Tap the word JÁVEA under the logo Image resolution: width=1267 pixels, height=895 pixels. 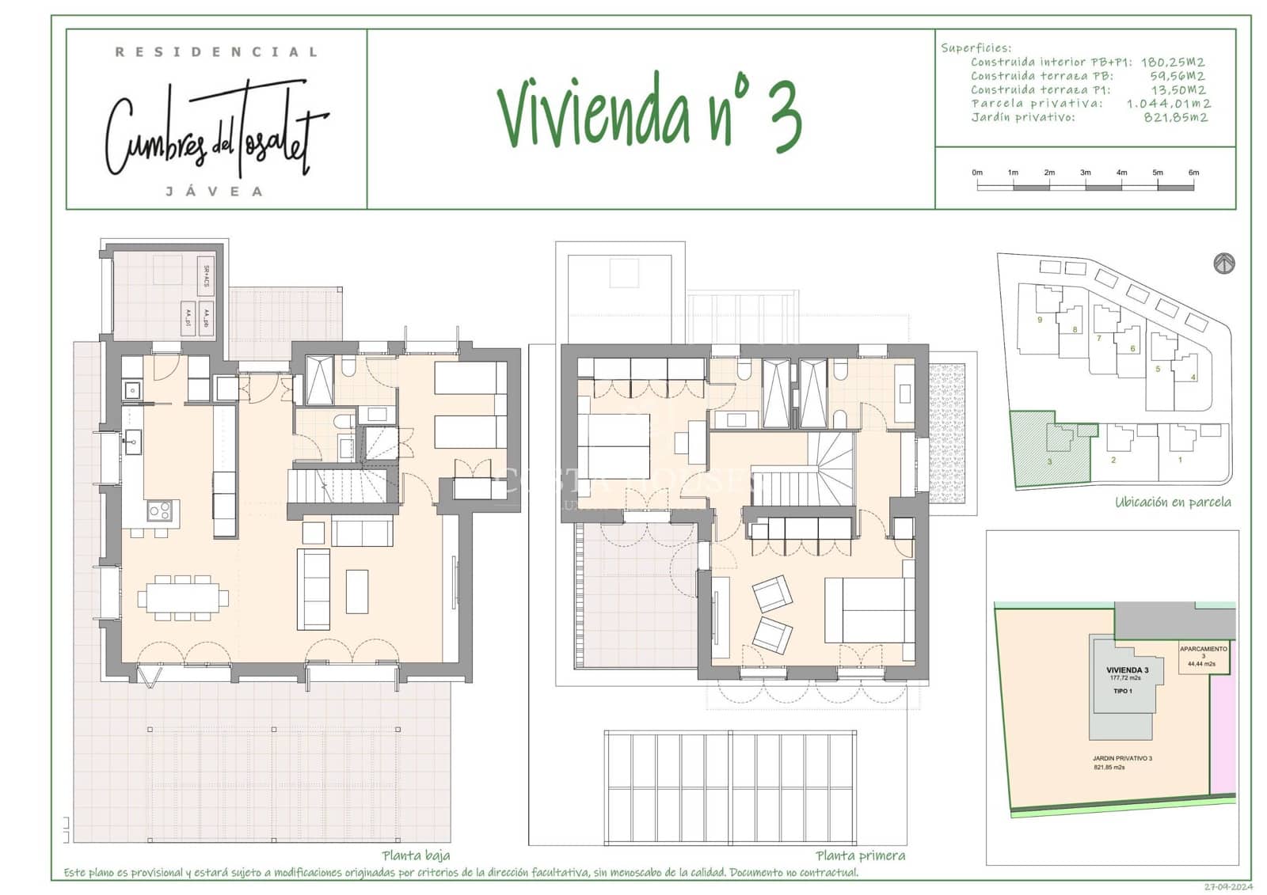215,192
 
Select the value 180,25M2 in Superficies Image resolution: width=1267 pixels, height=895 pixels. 1172,62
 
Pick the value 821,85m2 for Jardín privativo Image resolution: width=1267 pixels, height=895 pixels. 1175,117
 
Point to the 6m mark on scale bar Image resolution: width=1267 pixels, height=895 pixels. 1193,173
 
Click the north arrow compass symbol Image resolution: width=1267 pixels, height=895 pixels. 1223,264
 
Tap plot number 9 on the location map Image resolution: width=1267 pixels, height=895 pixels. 1039,320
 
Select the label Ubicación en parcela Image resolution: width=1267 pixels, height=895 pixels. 1172,502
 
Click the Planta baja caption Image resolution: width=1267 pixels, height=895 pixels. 416,855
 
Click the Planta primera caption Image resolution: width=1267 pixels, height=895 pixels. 860,855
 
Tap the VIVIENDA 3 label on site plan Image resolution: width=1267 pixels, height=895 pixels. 1126,670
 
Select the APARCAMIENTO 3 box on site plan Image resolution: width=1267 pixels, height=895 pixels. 1203,656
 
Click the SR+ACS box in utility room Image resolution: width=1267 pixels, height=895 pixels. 206,275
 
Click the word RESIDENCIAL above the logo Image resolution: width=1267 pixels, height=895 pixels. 216,52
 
